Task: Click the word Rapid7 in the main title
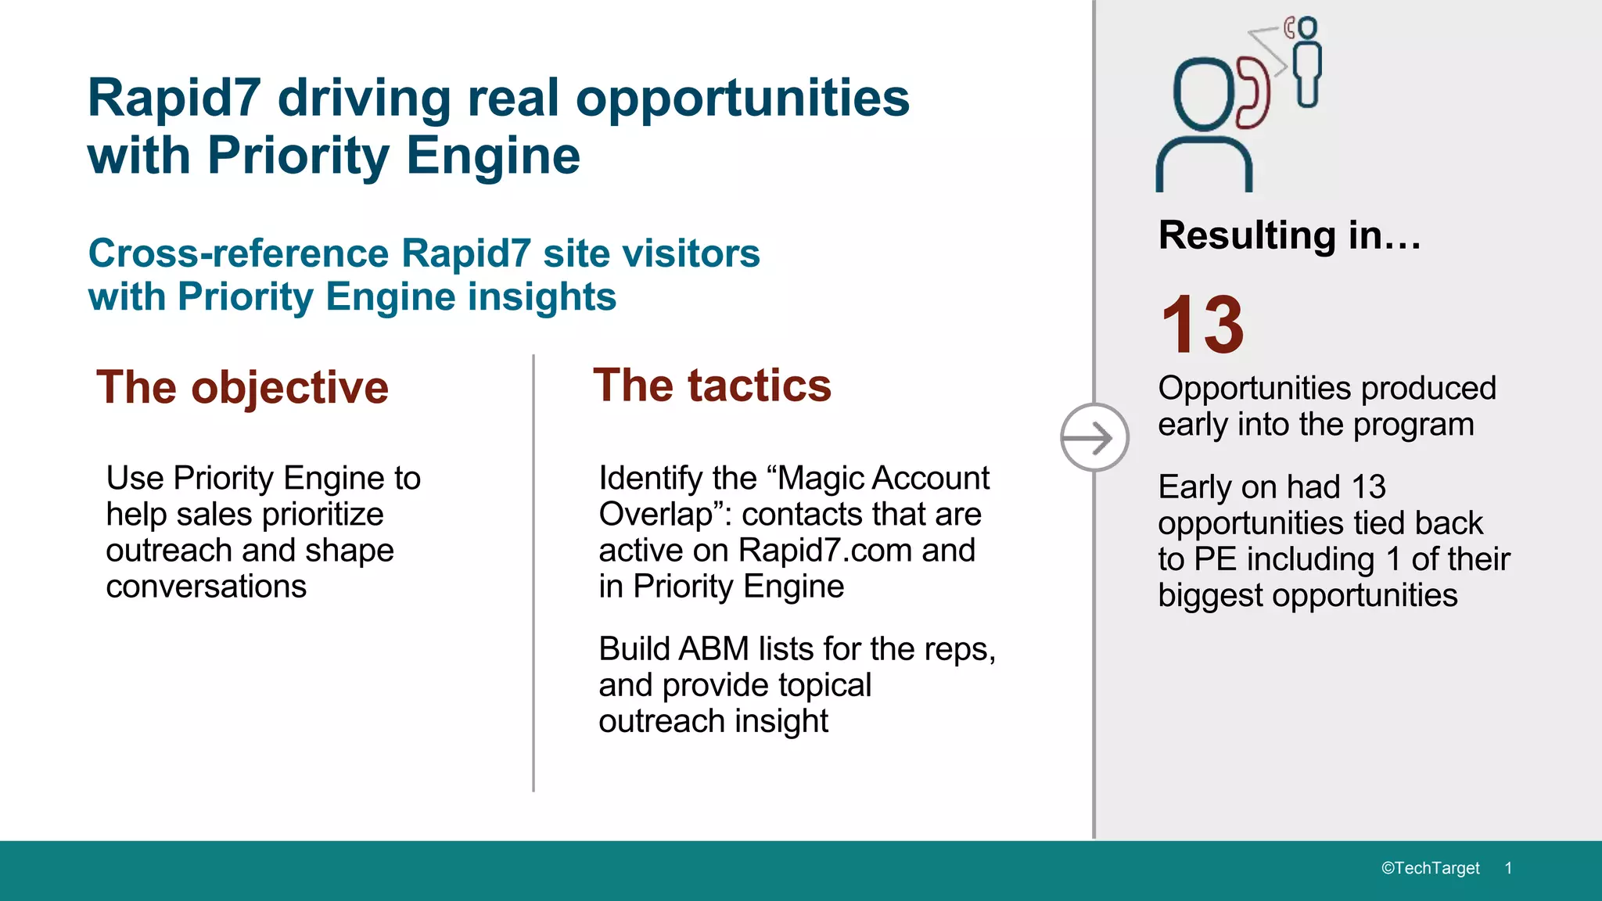pyautogui.click(x=174, y=99)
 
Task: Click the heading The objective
pyautogui.click(x=242, y=387)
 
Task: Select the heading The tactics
pyautogui.click(x=712, y=386)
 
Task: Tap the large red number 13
pyautogui.click(x=1202, y=325)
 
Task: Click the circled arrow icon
pyautogui.click(x=1094, y=437)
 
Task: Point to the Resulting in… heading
pyautogui.click(x=1289, y=235)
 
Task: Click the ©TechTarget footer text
pyautogui.click(x=1430, y=868)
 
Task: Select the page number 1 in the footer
pyautogui.click(x=1508, y=868)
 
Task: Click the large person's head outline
pyautogui.click(x=1204, y=93)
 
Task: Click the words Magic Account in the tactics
pyautogui.click(x=884, y=478)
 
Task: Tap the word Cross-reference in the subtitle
pyautogui.click(x=239, y=253)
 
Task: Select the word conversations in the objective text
pyautogui.click(x=207, y=586)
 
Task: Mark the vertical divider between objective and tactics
pyautogui.click(x=533, y=571)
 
